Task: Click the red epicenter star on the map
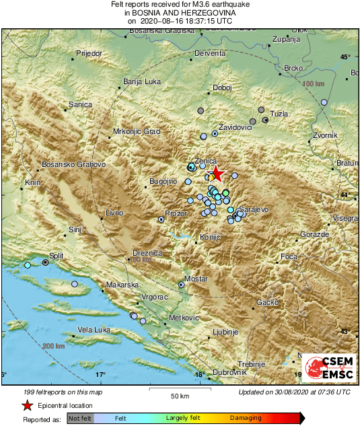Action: tap(217, 174)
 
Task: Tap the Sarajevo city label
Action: tap(254, 210)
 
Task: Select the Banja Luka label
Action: tap(141, 82)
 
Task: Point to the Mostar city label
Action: tap(196, 279)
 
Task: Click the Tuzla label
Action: tap(279, 114)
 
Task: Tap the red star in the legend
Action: tap(27, 405)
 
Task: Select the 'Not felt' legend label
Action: tap(80, 418)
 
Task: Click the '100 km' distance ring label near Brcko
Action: tap(312, 83)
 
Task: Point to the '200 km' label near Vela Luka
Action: tap(52, 346)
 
